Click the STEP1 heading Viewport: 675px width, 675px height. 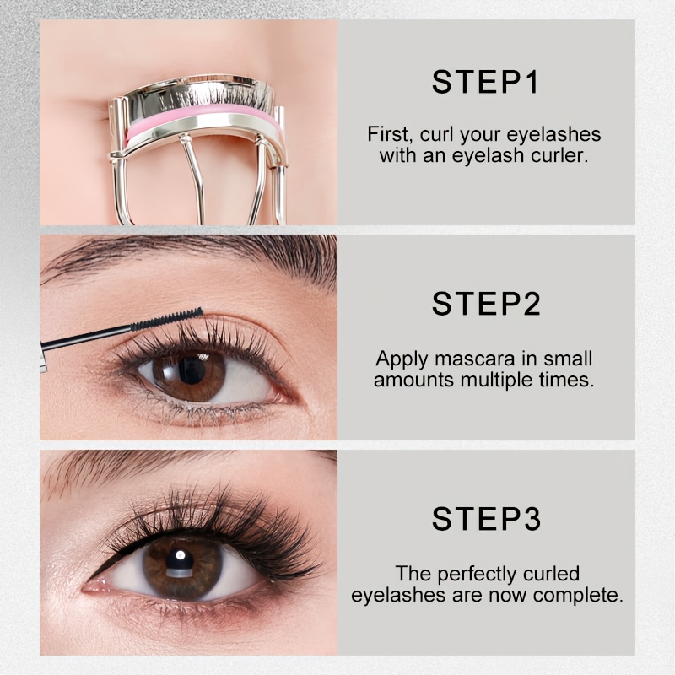point(485,82)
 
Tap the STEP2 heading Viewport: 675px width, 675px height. point(486,304)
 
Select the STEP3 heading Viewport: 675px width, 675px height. point(486,518)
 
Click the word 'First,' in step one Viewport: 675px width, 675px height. point(391,134)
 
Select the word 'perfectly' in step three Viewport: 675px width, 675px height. point(471,575)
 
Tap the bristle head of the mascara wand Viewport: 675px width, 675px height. point(167,319)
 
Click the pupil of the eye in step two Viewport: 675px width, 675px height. point(192,370)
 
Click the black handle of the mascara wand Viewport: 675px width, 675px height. point(86,337)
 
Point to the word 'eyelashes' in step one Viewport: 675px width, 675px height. point(553,135)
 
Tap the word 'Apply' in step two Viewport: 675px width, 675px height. point(402,359)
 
